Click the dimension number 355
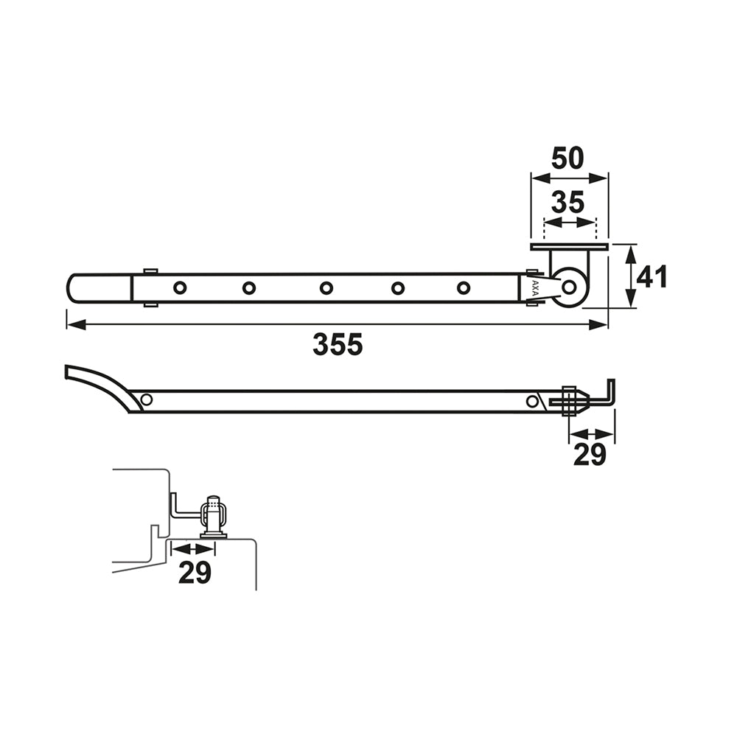pyautogui.click(x=338, y=344)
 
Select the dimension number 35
pyautogui.click(x=567, y=203)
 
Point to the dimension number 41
pyautogui.click(x=652, y=277)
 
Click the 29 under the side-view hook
pyautogui.click(x=590, y=455)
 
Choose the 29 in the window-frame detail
pyautogui.click(x=195, y=573)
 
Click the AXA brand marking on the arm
pyautogui.click(x=534, y=287)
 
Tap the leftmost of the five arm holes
pyautogui.click(x=180, y=287)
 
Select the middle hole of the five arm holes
pyautogui.click(x=326, y=287)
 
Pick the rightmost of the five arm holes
pyautogui.click(x=464, y=287)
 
